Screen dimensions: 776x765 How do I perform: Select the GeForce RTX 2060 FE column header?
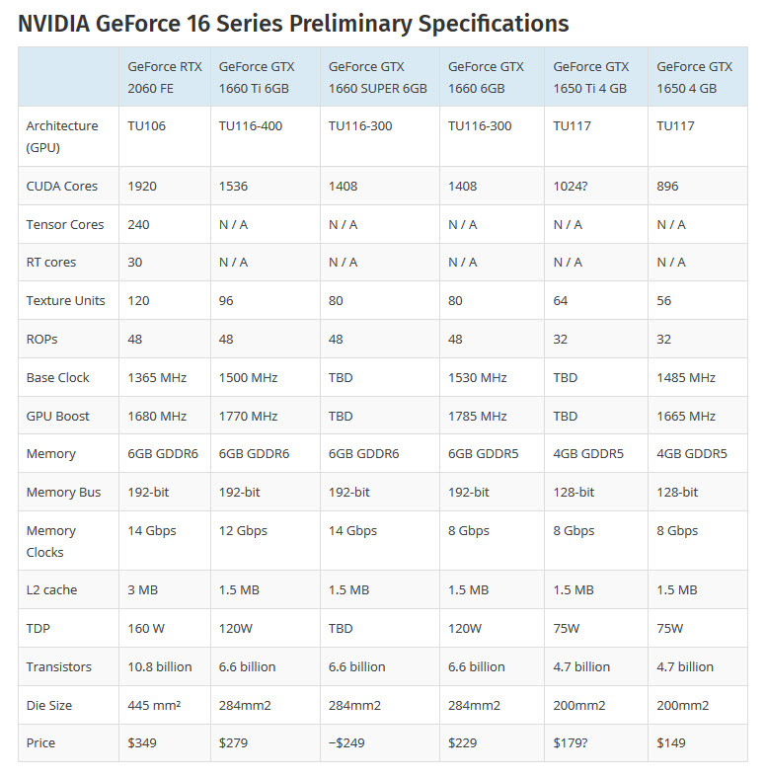click(x=165, y=77)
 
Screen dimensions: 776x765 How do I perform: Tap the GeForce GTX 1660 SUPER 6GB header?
click(x=378, y=77)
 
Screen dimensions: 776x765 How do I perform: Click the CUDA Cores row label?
click(x=62, y=186)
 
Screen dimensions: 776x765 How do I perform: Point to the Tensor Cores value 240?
click(x=139, y=224)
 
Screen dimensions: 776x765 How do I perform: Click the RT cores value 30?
click(x=136, y=262)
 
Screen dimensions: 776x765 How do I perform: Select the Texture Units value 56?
click(x=664, y=300)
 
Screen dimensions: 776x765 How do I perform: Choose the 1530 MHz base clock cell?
click(x=478, y=377)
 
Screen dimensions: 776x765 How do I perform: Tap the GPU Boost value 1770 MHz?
click(x=249, y=416)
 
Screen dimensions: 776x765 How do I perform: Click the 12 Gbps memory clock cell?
click(x=243, y=530)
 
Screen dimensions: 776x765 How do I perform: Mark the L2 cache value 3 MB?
click(x=144, y=589)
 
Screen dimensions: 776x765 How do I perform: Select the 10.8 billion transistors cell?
click(x=160, y=666)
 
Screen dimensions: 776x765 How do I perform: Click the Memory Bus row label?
click(x=64, y=492)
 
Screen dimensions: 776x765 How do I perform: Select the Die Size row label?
click(x=49, y=705)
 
